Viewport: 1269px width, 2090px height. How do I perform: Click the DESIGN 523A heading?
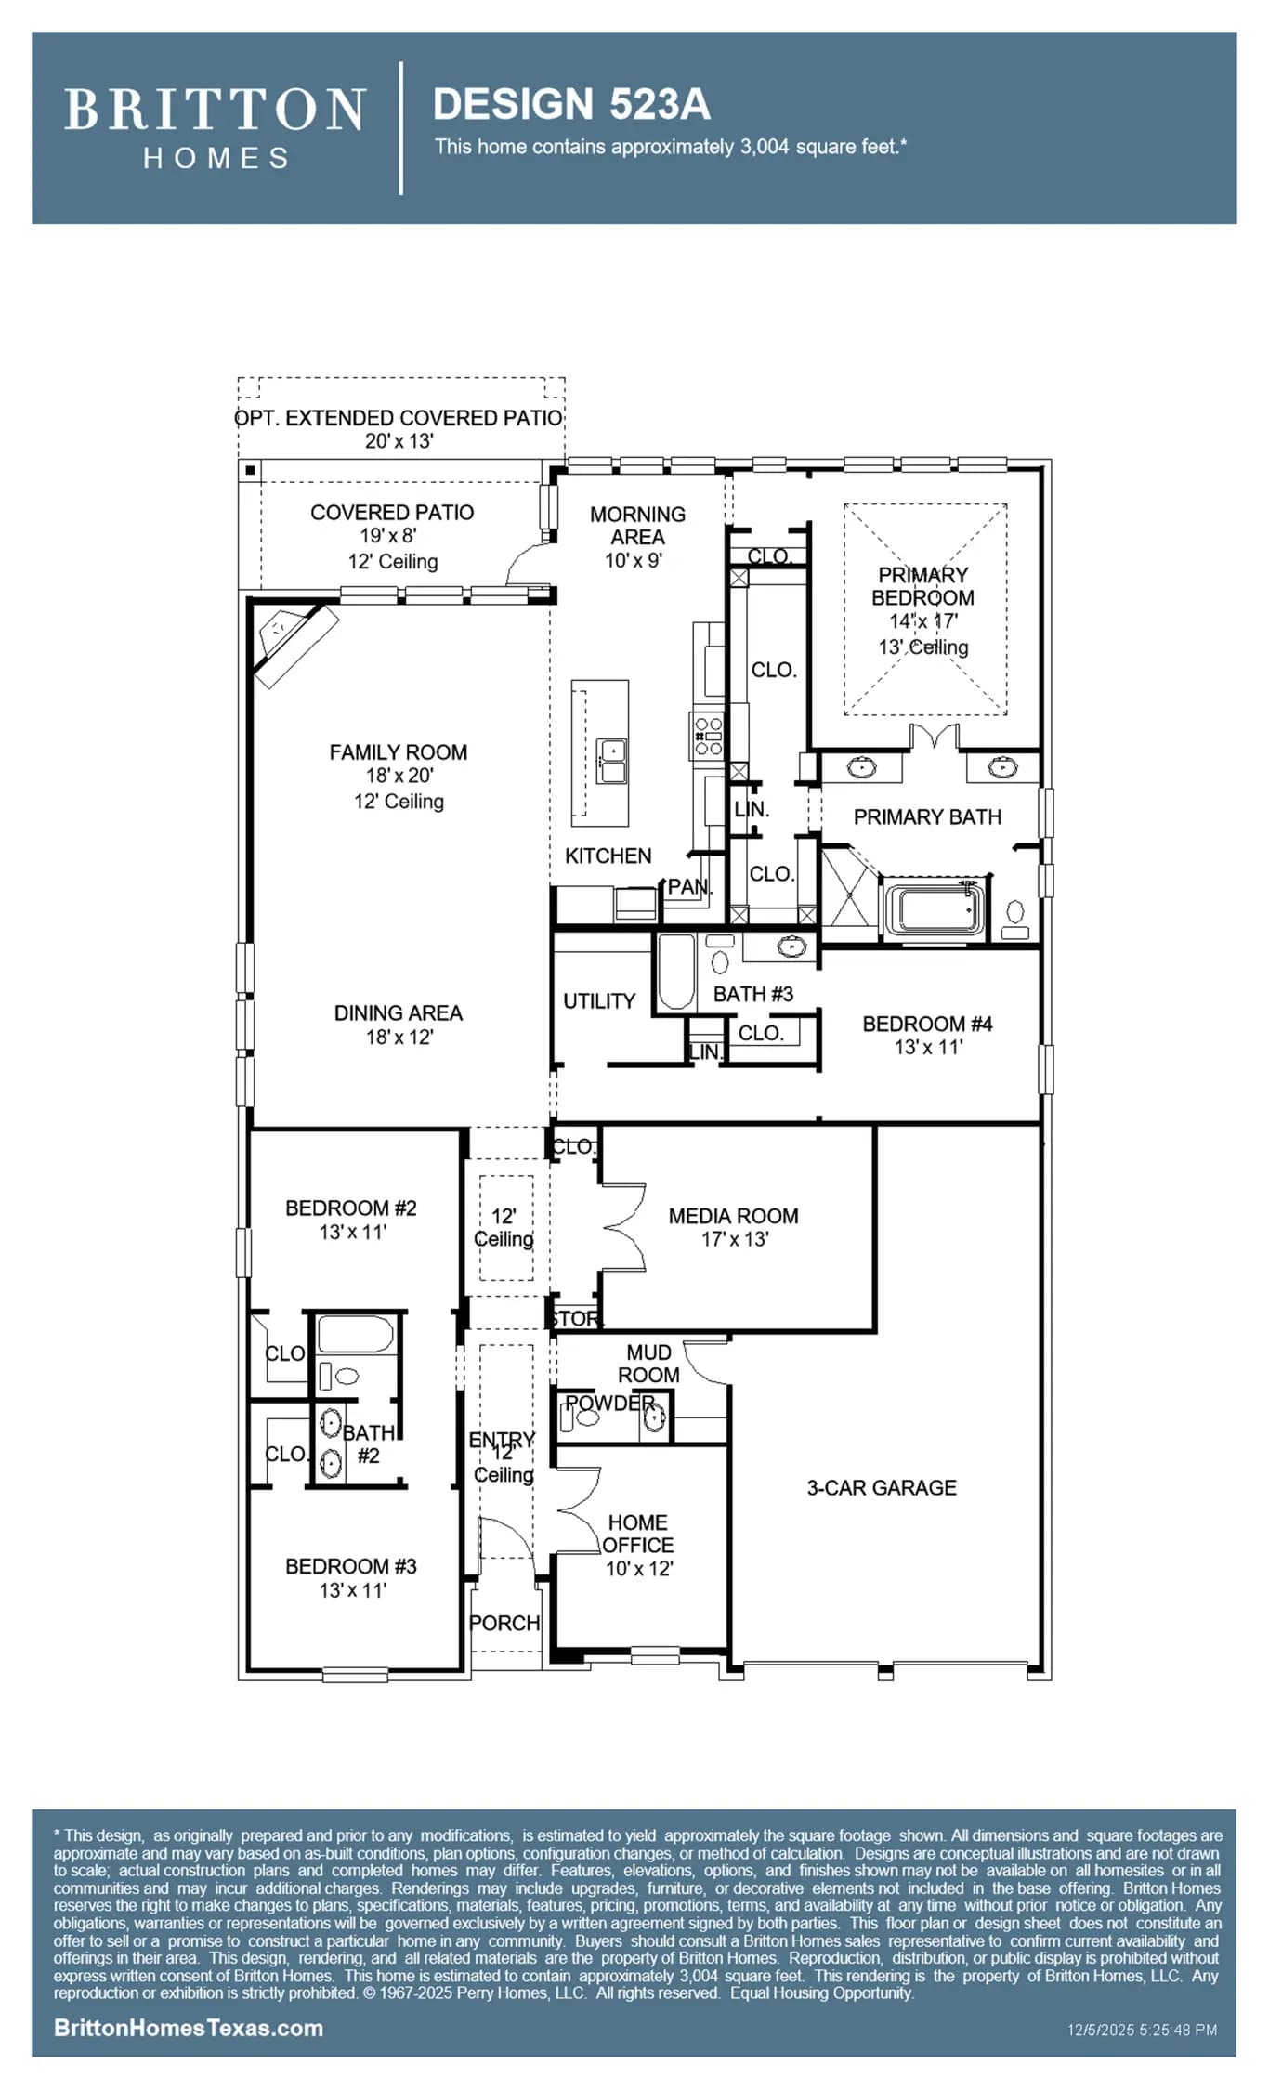[571, 104]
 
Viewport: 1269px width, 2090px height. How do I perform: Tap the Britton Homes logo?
[215, 128]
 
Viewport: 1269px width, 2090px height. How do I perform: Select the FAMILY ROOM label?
[399, 752]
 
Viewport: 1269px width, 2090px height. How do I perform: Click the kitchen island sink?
[611, 762]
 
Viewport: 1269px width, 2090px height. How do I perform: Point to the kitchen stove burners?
[709, 736]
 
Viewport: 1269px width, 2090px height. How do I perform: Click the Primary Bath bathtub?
[934, 909]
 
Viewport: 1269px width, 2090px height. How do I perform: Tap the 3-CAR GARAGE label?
[882, 1487]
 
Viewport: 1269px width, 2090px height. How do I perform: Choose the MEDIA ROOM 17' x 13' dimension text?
[734, 1239]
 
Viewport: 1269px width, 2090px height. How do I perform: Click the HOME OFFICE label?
[638, 1534]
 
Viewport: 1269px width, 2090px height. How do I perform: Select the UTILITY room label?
[599, 1001]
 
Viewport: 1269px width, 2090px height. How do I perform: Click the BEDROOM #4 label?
[927, 1024]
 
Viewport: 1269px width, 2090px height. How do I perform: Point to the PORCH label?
[504, 1623]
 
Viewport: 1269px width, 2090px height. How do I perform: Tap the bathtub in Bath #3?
[676, 972]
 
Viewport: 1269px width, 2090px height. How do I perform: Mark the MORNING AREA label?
[637, 526]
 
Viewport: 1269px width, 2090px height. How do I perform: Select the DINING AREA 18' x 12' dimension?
[399, 1037]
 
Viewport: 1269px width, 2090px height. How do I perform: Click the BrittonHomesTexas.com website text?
[189, 2028]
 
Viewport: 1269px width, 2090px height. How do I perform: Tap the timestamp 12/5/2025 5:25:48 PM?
[1142, 2030]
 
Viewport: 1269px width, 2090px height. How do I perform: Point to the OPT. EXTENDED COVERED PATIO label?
[399, 418]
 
